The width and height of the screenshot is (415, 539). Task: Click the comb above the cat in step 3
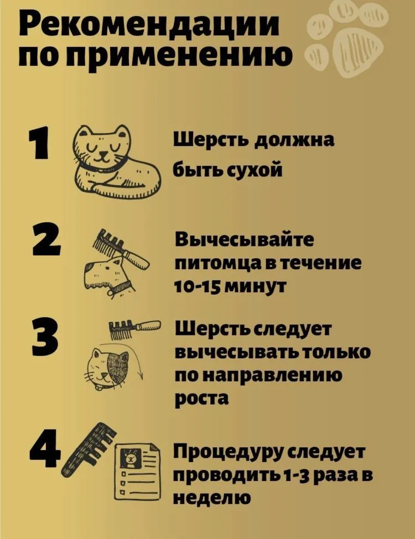[x=133, y=329]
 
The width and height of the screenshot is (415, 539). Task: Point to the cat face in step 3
[x=111, y=367]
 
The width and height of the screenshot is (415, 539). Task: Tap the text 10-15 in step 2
[x=200, y=286]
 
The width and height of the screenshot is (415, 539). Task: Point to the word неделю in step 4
[x=210, y=498]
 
